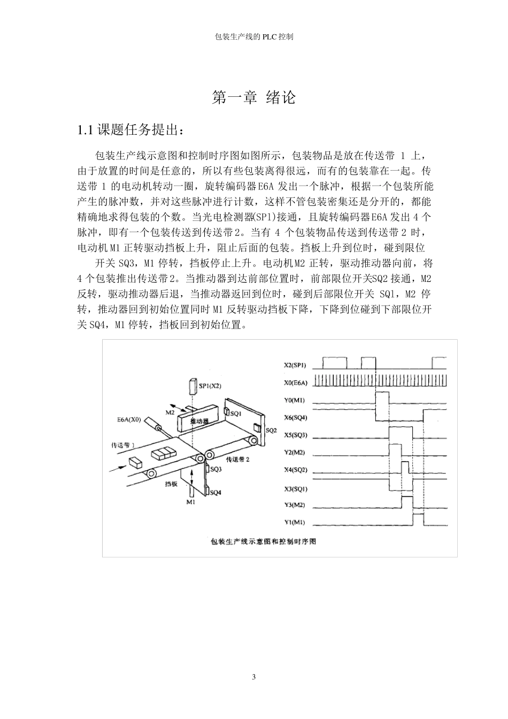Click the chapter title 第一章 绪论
click(x=253, y=98)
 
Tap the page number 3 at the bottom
click(x=254, y=677)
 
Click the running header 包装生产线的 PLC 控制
click(x=253, y=37)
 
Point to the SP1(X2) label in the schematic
click(x=210, y=385)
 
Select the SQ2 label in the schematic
click(x=271, y=430)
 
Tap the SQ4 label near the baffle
click(x=215, y=492)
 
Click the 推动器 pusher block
click(x=199, y=421)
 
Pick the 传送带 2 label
click(x=238, y=459)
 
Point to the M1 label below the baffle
click(x=191, y=502)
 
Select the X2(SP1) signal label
click(x=295, y=365)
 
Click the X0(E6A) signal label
click(x=295, y=383)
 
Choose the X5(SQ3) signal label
click(x=295, y=435)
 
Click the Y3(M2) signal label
click(x=295, y=505)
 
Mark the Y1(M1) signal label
click(x=295, y=523)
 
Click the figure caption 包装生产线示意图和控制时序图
click(x=264, y=541)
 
